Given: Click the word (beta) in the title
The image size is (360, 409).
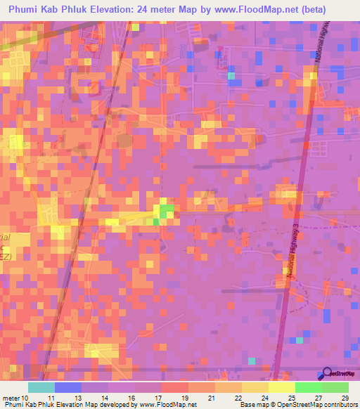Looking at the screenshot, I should tap(337, 10).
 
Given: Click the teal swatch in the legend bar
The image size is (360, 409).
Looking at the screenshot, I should tap(41, 387).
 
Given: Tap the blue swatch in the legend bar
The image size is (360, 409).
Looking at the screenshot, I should tap(68, 387).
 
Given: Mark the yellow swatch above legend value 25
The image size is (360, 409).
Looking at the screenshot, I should tap(282, 387).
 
